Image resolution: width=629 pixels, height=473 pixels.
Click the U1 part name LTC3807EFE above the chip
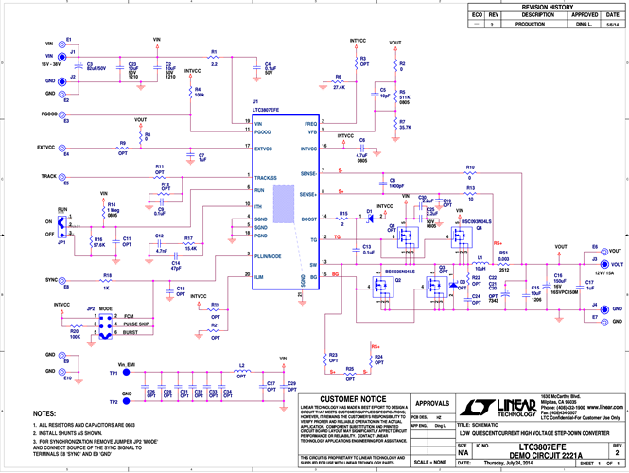point(271,110)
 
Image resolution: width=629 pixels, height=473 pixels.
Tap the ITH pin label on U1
point(258,205)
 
